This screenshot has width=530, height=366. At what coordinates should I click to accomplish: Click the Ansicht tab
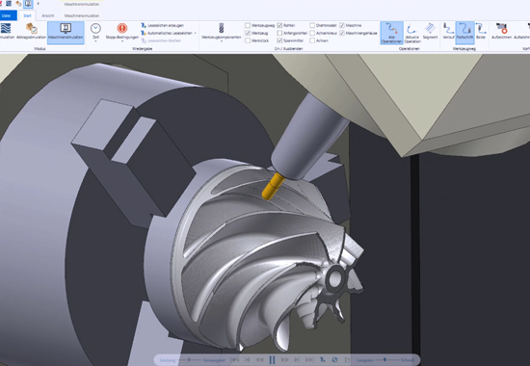pos(47,15)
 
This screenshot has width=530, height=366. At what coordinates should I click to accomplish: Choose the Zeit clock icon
pos(95,32)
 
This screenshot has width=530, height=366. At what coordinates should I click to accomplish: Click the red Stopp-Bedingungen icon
pos(122,30)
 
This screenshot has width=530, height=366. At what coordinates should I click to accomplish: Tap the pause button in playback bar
pos(273,359)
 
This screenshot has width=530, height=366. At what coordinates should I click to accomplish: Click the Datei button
pos(7,15)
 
